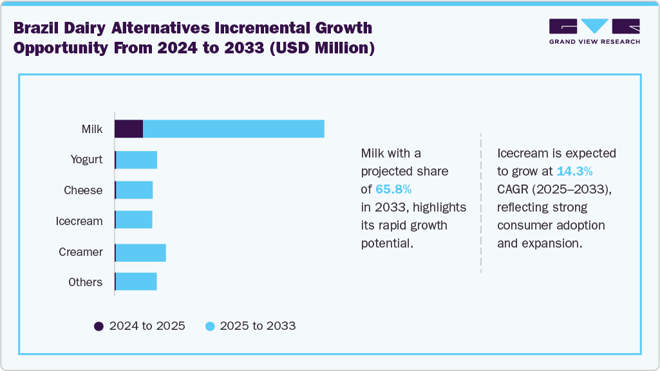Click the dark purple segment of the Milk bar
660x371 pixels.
click(x=129, y=129)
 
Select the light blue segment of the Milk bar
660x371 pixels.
click(x=233, y=129)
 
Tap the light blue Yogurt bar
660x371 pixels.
click(x=137, y=159)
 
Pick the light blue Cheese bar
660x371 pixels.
click(x=135, y=190)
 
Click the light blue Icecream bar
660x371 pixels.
click(x=134, y=221)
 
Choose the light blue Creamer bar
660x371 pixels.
click(x=141, y=252)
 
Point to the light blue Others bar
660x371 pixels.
click(x=137, y=282)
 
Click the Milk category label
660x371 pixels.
click(x=92, y=129)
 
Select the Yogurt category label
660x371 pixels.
click(x=86, y=159)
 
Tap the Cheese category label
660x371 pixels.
click(x=83, y=190)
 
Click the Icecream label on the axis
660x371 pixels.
click(x=79, y=221)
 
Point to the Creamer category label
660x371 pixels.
click(x=80, y=252)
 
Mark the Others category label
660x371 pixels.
click(x=85, y=282)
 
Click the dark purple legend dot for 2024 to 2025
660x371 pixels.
click(x=99, y=326)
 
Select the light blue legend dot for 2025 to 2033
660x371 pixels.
click(x=209, y=326)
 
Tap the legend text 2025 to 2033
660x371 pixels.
click(x=258, y=326)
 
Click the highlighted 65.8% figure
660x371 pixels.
click(x=393, y=189)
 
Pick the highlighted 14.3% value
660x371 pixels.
click(x=574, y=172)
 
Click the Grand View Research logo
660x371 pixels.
click(x=594, y=31)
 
